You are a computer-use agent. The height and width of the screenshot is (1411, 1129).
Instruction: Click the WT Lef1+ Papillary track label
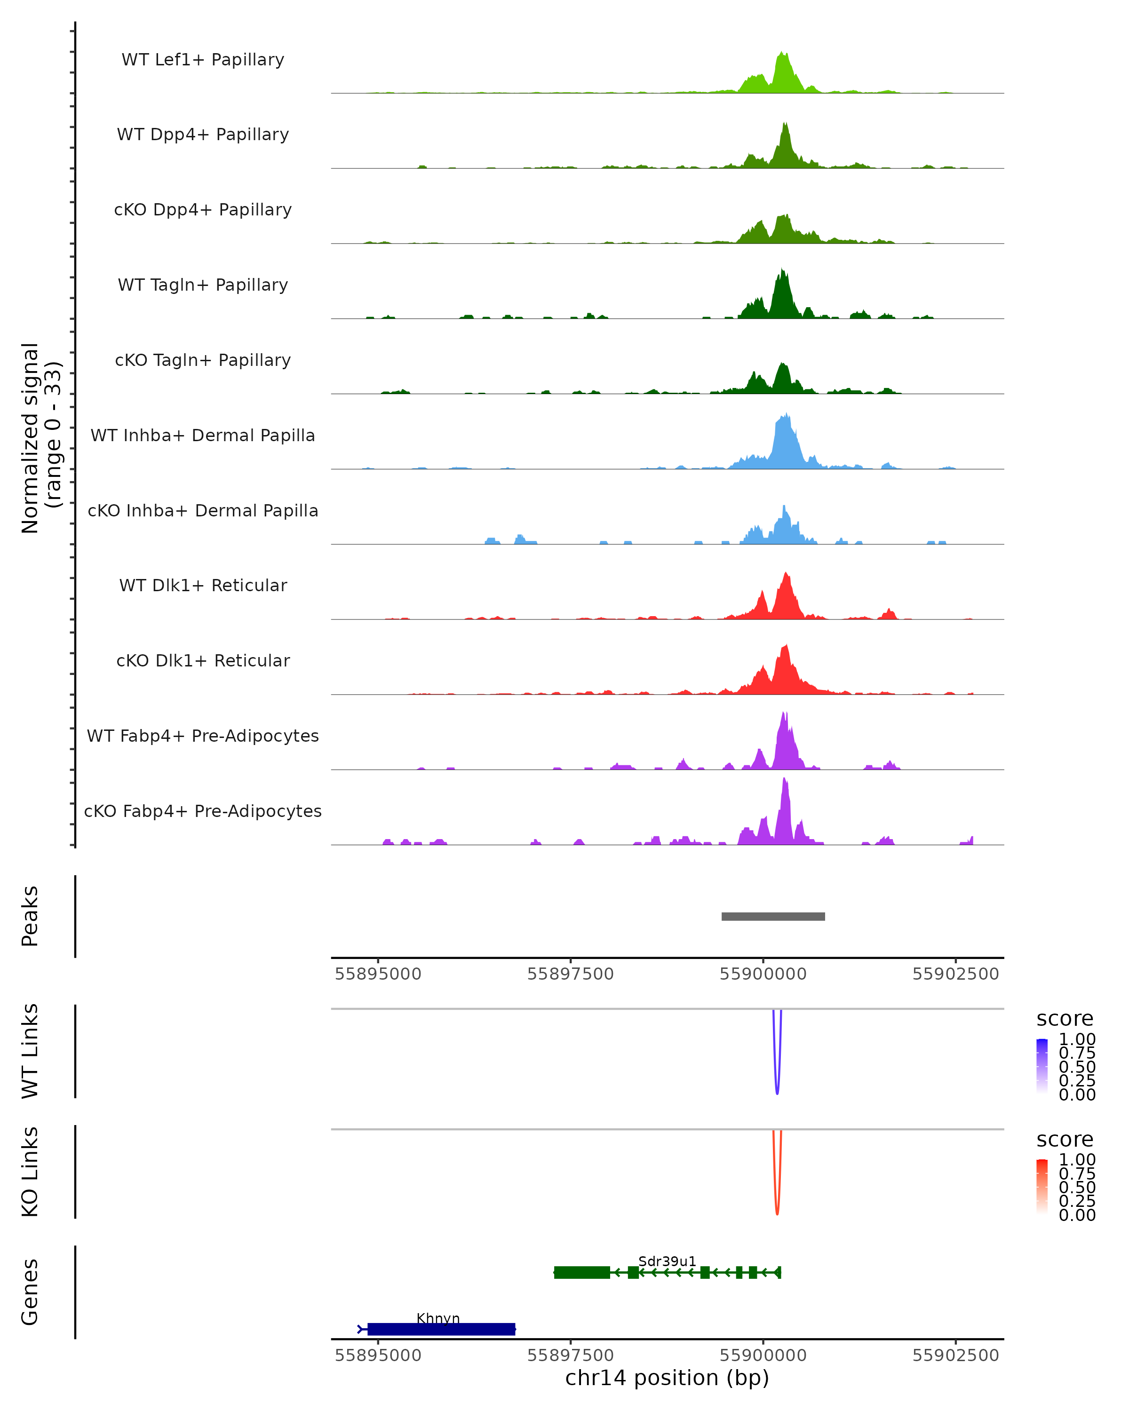(203, 60)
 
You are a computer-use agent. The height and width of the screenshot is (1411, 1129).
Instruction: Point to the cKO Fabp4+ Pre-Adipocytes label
(203, 811)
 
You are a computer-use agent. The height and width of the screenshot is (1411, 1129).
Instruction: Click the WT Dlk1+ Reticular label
(203, 585)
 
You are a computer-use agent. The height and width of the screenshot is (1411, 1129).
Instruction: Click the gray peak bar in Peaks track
(773, 916)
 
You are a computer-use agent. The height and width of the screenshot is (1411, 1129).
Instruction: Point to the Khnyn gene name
(438, 1318)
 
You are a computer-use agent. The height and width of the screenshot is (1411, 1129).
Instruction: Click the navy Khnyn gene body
(441, 1329)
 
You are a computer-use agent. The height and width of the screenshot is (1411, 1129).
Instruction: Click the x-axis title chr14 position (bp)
(667, 1378)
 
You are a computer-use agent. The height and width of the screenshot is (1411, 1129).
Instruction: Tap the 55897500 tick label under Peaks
(570, 974)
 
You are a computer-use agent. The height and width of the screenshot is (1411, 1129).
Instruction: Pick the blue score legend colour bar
(1042, 1066)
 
